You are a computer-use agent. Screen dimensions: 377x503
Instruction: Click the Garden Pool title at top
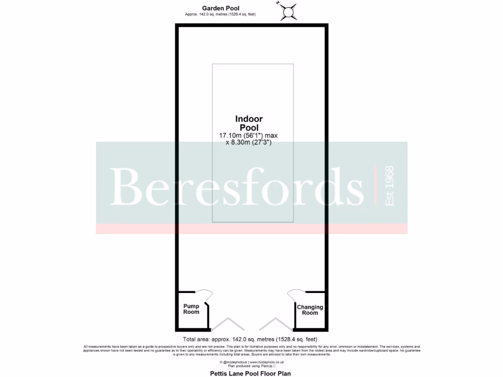point(221,8)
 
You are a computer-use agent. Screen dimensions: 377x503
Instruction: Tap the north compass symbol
point(288,11)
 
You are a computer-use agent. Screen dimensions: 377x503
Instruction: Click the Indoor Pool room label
point(249,123)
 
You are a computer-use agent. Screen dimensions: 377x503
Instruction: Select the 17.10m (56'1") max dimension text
point(249,135)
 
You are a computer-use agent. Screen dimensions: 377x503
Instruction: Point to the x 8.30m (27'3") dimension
point(249,142)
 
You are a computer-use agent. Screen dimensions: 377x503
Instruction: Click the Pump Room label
point(192,309)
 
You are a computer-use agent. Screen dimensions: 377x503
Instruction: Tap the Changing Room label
point(310,310)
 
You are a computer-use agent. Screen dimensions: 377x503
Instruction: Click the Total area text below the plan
point(250,339)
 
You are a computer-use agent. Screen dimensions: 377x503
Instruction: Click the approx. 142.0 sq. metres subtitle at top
point(221,15)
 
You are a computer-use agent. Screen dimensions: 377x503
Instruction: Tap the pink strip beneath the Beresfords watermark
point(251,229)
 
